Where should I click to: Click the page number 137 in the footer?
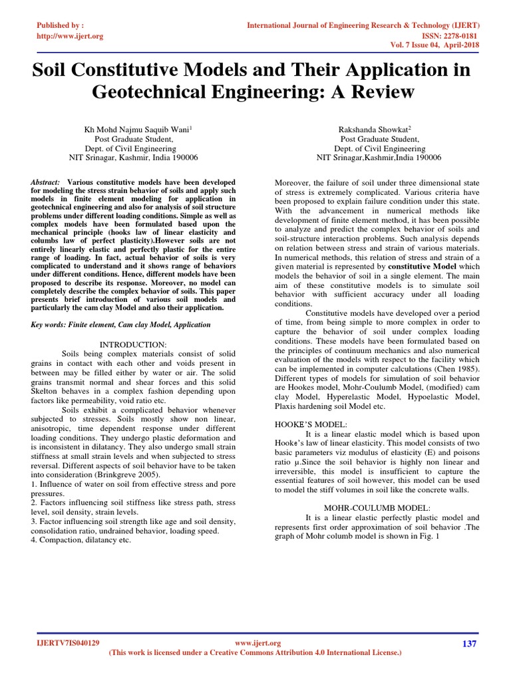(470, 643)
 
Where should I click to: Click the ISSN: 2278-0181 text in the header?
(451, 36)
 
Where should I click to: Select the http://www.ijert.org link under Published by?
(70, 36)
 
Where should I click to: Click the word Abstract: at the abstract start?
(46, 182)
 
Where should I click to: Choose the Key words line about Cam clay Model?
(121, 325)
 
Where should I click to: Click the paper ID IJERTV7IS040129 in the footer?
(67, 643)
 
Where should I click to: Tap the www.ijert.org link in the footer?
(259, 643)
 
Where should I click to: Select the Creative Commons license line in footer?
(255, 653)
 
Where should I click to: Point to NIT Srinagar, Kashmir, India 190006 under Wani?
(133, 158)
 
